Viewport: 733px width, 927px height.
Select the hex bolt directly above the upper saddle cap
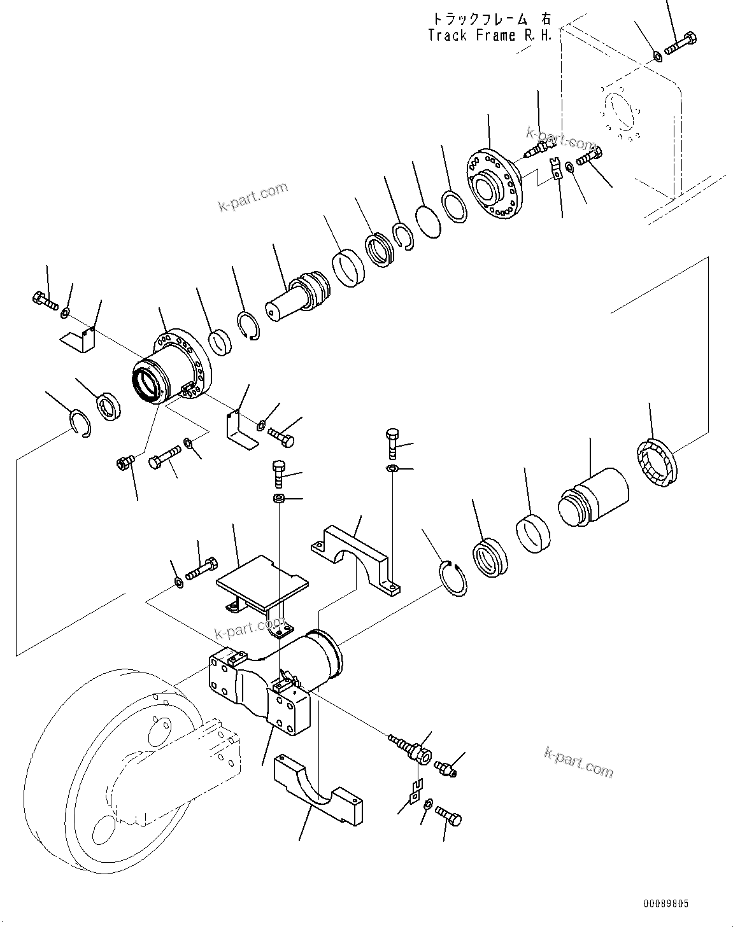(x=392, y=444)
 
